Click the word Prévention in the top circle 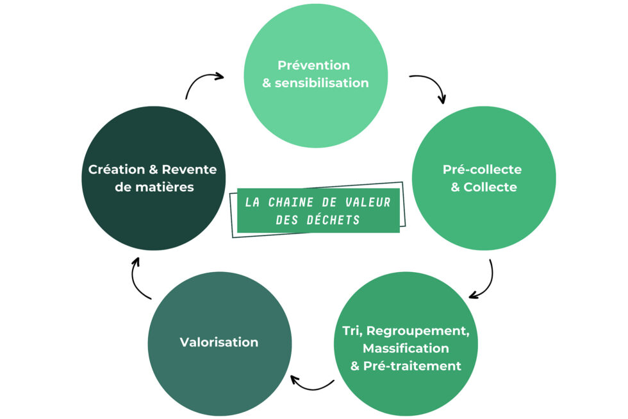[313, 65]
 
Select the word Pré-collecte [482, 169]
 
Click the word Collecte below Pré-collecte [490, 187]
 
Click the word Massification [406, 348]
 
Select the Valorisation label [219, 342]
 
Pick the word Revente [189, 169]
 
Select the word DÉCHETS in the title [336, 219]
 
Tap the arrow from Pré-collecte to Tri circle [484, 281]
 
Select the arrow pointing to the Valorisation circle [311, 384]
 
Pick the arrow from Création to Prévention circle [201, 81]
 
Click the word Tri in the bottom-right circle [350, 330]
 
